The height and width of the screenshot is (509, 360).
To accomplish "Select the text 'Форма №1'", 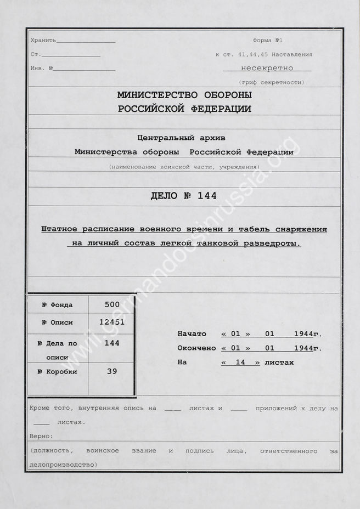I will [x=267, y=41].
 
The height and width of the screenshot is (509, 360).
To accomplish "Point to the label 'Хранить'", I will [x=43, y=41].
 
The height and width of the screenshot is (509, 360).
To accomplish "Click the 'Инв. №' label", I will [x=42, y=68].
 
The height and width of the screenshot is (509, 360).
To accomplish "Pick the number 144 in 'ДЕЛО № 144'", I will [x=206, y=196].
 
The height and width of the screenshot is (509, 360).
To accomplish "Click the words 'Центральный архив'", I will [x=181, y=138].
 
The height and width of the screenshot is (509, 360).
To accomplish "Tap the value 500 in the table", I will [x=111, y=304].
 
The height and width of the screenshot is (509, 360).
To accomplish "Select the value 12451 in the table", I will [x=111, y=322].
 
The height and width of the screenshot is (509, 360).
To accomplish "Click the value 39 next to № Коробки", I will [x=111, y=371].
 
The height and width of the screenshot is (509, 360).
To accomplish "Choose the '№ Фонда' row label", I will [x=57, y=305].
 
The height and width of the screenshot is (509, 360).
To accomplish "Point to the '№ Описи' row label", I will [x=57, y=323].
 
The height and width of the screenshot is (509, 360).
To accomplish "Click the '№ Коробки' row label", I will [x=57, y=372].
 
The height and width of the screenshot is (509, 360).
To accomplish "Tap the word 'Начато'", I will [x=192, y=333].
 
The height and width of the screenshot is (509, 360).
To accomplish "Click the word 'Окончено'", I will [x=196, y=348].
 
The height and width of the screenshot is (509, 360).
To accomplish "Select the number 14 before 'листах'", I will [x=240, y=362].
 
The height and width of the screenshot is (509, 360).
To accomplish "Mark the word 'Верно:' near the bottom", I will [x=42, y=436].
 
